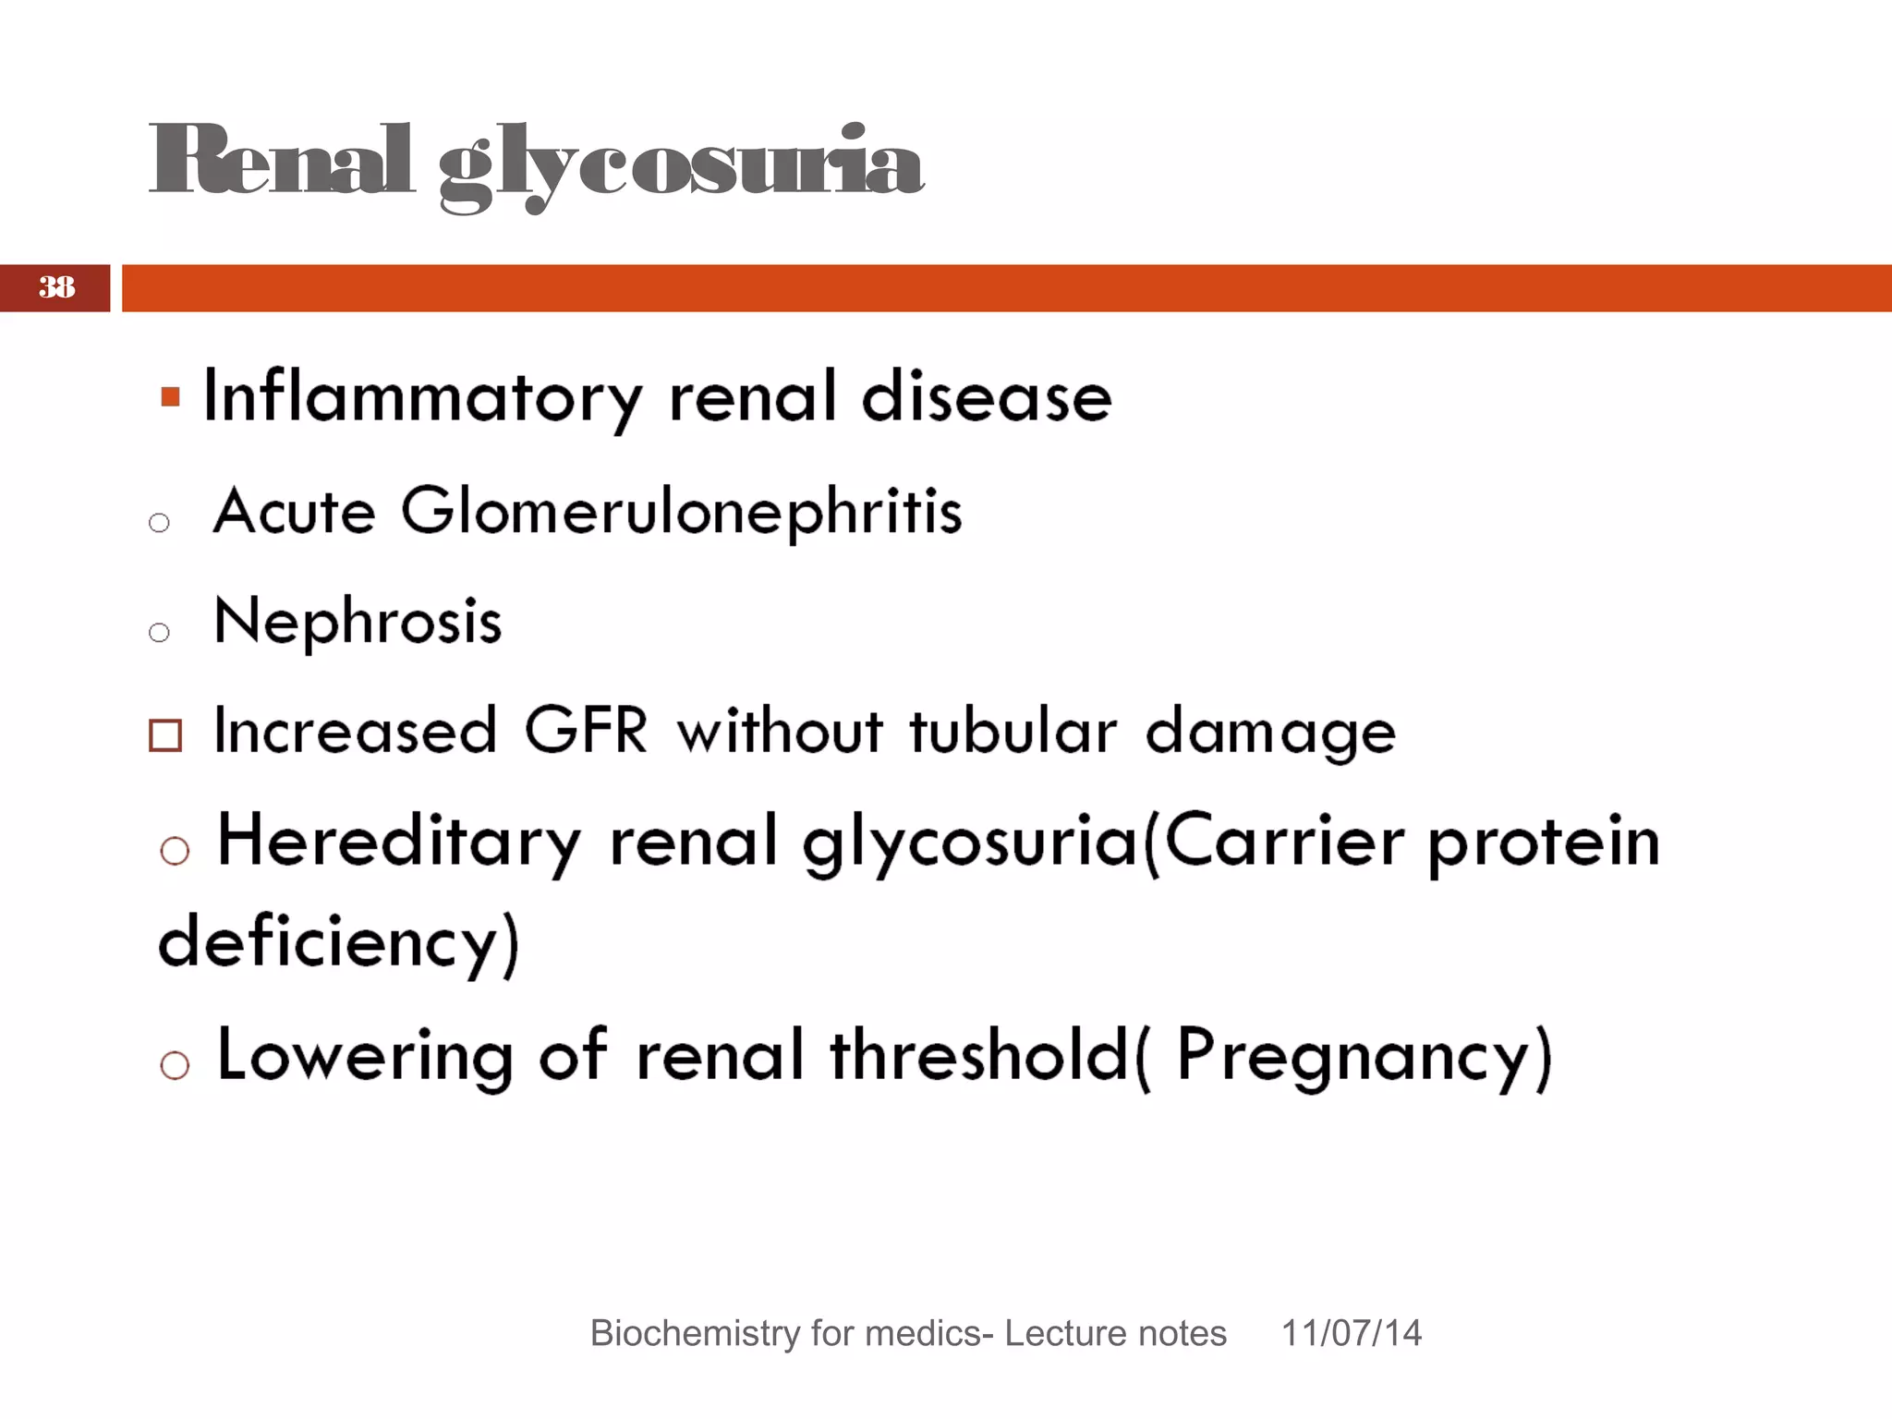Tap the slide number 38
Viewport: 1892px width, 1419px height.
(x=56, y=287)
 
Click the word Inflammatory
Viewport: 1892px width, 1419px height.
(x=422, y=397)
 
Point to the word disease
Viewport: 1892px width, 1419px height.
(x=986, y=397)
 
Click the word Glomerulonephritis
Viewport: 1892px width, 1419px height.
(x=681, y=512)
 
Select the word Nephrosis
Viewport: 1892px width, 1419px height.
(x=358, y=621)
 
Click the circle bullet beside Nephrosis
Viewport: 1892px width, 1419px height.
(x=159, y=633)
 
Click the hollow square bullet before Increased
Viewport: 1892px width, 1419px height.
(x=165, y=735)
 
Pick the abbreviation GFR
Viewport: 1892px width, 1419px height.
(x=586, y=731)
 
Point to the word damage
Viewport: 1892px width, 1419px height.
(x=1269, y=733)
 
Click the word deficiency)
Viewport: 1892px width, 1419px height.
(x=339, y=942)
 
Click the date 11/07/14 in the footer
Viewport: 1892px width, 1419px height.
(x=1351, y=1333)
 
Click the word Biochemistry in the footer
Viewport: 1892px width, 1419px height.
(x=692, y=1333)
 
